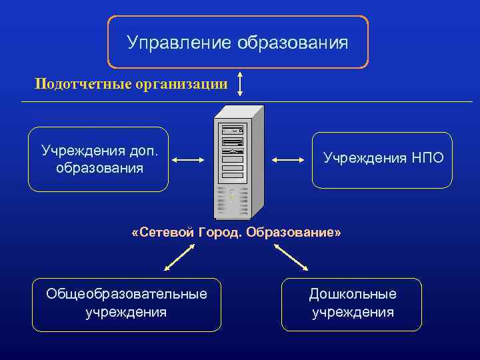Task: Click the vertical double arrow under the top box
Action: click(x=240, y=84)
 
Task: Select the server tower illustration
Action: click(x=237, y=162)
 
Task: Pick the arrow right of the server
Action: click(x=287, y=159)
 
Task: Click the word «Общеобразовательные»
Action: click(x=126, y=294)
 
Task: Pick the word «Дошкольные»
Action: click(x=352, y=294)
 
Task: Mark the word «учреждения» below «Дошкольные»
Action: click(x=352, y=312)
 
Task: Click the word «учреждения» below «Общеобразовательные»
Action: click(x=126, y=312)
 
